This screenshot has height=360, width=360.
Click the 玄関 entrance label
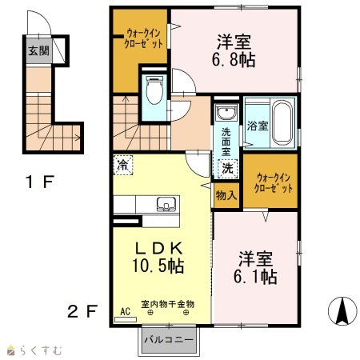[x=39, y=50]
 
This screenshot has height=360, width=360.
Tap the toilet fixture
[x=154, y=90]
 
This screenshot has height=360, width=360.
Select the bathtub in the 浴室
[x=282, y=123]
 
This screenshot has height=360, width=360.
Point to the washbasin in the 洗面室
[x=226, y=113]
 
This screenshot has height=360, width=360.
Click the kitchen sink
[x=166, y=204]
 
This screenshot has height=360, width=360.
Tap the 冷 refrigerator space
[x=123, y=166]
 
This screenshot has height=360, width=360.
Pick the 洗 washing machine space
[x=227, y=169]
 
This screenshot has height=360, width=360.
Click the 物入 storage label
[x=226, y=195]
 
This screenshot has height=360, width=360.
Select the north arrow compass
[x=342, y=311]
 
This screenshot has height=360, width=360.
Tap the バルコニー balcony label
[x=169, y=340]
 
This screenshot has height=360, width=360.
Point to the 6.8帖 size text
[x=234, y=60]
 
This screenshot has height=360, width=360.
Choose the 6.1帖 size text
[x=255, y=277]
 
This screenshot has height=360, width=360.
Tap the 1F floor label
[x=40, y=182]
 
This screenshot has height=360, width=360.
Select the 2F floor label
[x=82, y=311]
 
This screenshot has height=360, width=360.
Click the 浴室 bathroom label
[x=257, y=126]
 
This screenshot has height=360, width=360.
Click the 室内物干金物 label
[x=168, y=304]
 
